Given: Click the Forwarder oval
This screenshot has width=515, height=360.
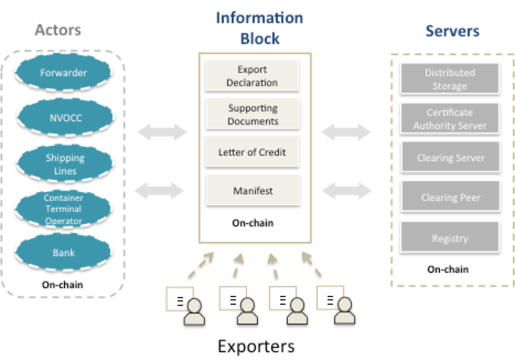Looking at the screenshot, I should (x=63, y=72).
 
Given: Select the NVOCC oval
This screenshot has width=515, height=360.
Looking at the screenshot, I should (x=63, y=116).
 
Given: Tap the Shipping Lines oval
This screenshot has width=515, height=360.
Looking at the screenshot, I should (x=65, y=164).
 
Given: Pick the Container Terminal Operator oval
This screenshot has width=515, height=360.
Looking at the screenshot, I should (x=63, y=209).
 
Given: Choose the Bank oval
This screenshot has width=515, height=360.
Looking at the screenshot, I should (x=63, y=253).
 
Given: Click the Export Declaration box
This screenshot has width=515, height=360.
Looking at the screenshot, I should (x=252, y=76).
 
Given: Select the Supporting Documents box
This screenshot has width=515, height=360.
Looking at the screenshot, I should (x=253, y=115).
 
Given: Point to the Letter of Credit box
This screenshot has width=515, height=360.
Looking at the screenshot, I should (x=252, y=152).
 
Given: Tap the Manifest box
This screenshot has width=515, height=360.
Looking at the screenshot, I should (x=252, y=191).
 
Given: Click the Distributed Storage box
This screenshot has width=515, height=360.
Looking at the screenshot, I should (x=449, y=79).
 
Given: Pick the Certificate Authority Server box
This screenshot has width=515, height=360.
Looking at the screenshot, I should (x=449, y=119).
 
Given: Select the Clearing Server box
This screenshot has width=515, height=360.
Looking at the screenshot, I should (x=450, y=158).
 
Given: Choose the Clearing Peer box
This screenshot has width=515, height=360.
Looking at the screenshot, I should (x=450, y=197).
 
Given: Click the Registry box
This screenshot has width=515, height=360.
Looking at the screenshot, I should (x=449, y=238).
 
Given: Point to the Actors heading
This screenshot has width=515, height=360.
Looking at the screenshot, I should (x=58, y=30).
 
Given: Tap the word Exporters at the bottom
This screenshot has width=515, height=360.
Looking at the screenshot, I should (x=256, y=346).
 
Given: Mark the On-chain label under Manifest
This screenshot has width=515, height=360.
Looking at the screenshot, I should (x=253, y=223).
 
